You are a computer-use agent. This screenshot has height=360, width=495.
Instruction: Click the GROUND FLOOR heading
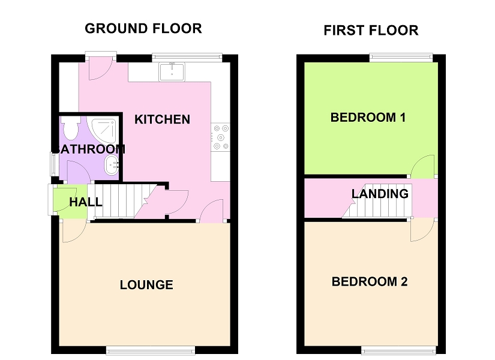(143, 28)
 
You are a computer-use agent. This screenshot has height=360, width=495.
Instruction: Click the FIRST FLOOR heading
(371, 31)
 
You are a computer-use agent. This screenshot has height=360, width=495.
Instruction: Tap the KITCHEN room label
(162, 119)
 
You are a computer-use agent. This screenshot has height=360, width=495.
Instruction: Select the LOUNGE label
(146, 285)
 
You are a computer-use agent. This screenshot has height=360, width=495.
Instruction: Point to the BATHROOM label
(89, 149)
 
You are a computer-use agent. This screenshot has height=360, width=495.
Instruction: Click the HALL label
(85, 202)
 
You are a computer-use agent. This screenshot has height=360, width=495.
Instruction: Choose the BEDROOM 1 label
(368, 118)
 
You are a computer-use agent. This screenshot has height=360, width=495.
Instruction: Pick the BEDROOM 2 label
(370, 281)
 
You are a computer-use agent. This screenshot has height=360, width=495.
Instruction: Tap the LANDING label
(380, 194)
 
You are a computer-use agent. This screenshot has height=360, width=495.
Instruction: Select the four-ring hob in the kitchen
(220, 137)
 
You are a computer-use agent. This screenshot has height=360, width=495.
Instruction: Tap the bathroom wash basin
(111, 165)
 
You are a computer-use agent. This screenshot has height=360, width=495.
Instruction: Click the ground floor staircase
(120, 201)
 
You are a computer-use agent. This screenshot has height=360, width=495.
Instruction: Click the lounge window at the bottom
(151, 350)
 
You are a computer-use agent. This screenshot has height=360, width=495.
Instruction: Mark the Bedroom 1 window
(400, 58)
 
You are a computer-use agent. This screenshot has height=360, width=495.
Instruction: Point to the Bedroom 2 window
(398, 350)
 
